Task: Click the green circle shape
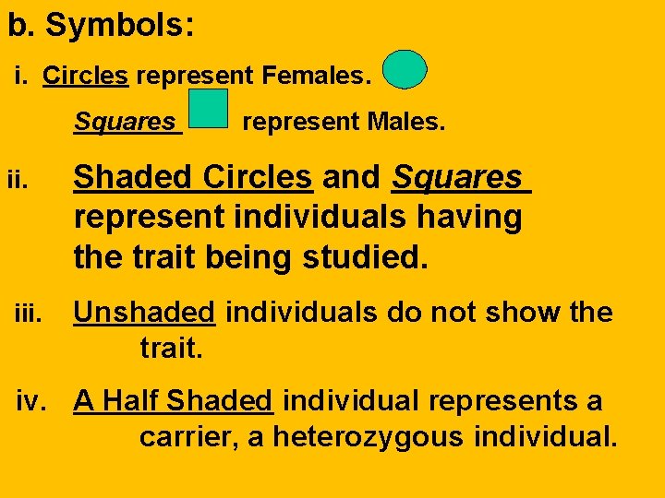[405, 69]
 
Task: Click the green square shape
[208, 109]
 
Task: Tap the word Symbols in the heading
[119, 25]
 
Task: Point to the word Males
[405, 122]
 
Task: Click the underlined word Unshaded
[144, 313]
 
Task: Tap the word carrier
[189, 435]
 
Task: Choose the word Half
[131, 401]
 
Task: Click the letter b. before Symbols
[20, 25]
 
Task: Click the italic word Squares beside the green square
[127, 122]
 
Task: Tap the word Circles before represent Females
[85, 75]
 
